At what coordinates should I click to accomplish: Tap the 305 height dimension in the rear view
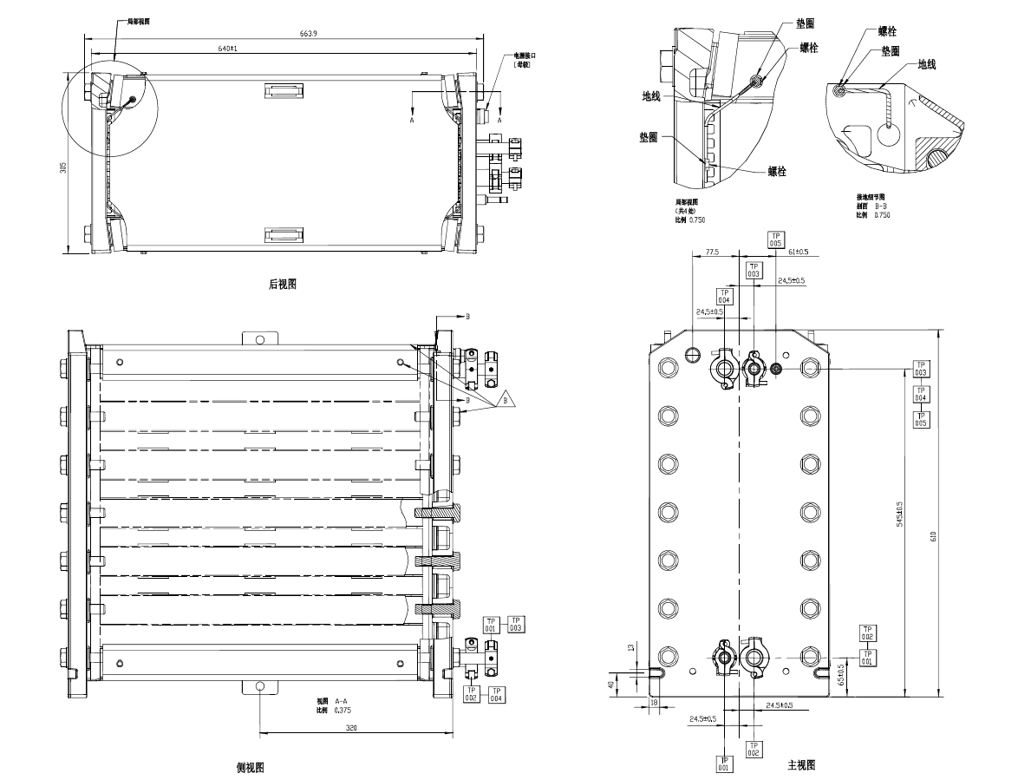tap(63, 167)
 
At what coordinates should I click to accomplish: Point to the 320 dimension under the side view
tap(351, 729)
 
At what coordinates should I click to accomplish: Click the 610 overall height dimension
tap(933, 537)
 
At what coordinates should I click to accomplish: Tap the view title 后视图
tap(283, 284)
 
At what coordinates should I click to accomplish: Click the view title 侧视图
tap(250, 768)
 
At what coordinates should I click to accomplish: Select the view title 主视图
tap(801, 765)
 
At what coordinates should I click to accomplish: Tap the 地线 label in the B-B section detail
tap(926, 65)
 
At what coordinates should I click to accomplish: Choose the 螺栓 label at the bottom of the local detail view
tap(777, 172)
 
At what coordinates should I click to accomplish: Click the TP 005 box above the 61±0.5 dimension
tap(776, 239)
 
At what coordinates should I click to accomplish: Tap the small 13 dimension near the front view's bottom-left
tap(630, 647)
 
